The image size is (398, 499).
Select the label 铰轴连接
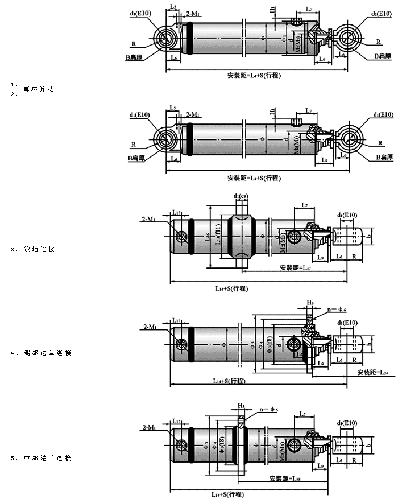[x=39, y=249]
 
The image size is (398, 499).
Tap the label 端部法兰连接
[x=48, y=353]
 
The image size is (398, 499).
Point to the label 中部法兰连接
[x=48, y=458]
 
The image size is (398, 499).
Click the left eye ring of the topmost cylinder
[x=166, y=39]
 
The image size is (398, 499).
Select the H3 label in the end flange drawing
[x=310, y=303]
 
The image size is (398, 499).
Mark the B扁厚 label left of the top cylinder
[x=136, y=57]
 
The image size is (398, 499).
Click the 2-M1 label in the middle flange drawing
[x=151, y=427]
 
